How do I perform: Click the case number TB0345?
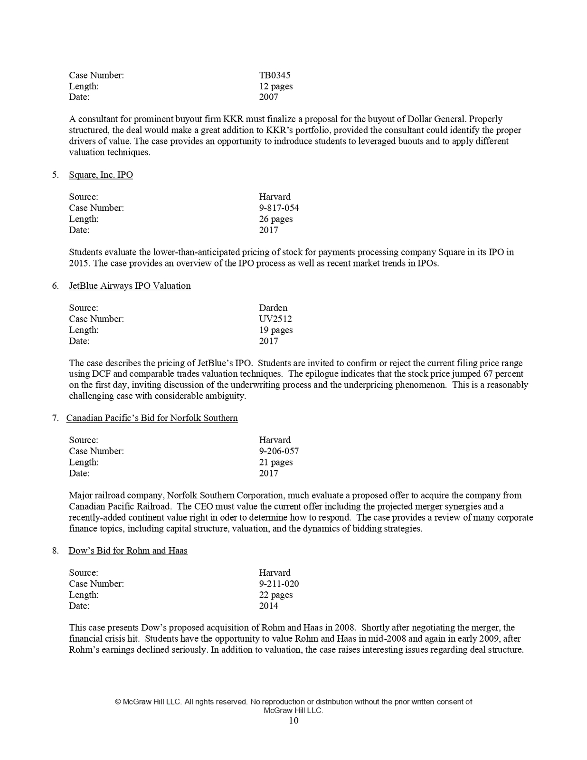[275, 75]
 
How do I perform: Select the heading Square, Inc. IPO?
[101, 175]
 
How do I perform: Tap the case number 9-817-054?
[279, 208]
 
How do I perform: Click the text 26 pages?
[275, 219]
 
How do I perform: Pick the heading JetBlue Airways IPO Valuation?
[130, 285]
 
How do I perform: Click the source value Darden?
[273, 308]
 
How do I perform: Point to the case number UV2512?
[275, 319]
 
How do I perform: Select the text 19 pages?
[275, 330]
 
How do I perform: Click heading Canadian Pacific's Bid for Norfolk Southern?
[152, 418]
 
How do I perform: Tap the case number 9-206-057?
[279, 451]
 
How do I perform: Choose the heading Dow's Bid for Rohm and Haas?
[128, 551]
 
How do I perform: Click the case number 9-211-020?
[279, 583]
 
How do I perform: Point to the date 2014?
[268, 606]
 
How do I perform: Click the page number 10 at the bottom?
[293, 721]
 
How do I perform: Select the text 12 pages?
[275, 86]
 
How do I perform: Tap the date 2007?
[268, 97]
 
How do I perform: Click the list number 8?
[56, 551]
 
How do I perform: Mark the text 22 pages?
[275, 595]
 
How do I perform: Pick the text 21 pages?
[275, 462]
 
